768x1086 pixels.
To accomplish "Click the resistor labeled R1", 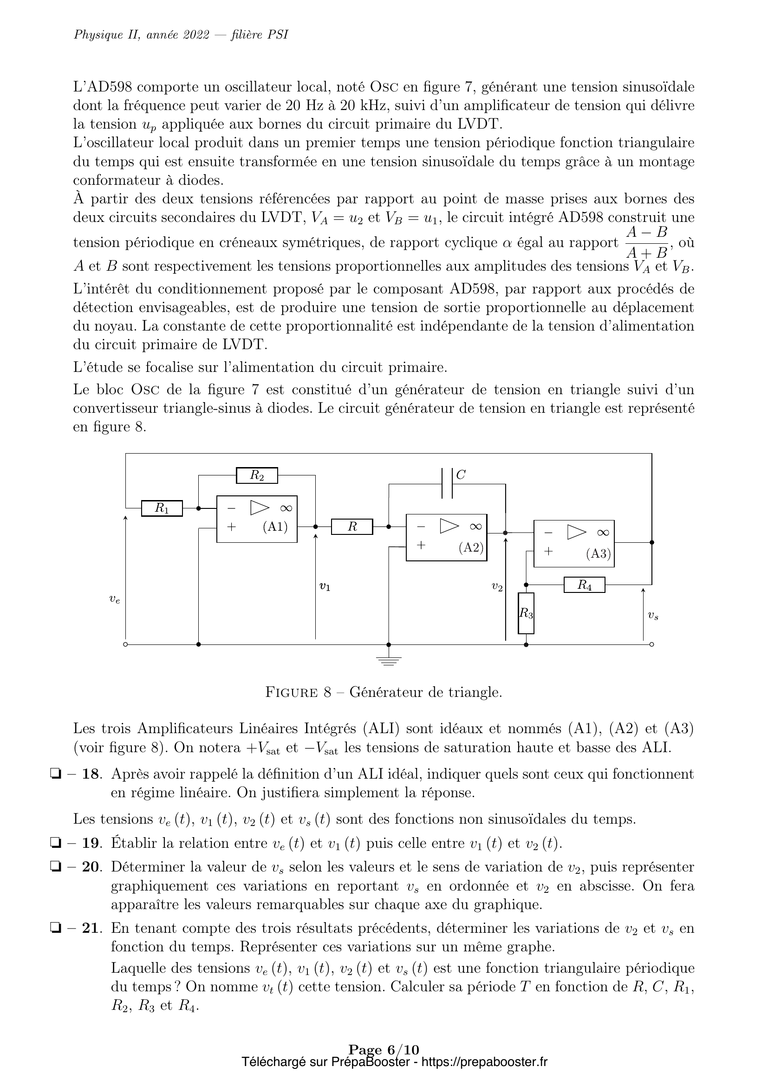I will pos(162,508).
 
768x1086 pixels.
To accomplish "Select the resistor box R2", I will pos(257,475).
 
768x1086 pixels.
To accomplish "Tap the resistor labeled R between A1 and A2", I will pos(352,527).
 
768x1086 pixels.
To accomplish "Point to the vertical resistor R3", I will pos(526,613).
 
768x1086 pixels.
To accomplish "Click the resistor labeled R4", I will pos(585,585).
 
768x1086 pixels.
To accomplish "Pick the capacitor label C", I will pos(461,475).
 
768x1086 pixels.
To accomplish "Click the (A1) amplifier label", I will pos(275,527).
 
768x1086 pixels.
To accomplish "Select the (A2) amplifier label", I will pos(471,547).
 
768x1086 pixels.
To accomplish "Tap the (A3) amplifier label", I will pos(599,553).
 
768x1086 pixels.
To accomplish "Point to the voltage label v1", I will pos(325,586).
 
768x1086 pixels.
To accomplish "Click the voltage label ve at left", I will pos(114,599).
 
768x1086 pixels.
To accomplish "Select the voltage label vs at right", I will pos(653,615).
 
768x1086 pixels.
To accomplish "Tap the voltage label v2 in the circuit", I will pos(496,587).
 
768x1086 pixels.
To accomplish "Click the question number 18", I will pos(92,774).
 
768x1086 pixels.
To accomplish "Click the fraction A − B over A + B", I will pos(646,242).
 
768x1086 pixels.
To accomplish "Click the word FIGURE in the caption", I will pos(291,693).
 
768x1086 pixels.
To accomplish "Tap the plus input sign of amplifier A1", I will pos(231,527).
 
